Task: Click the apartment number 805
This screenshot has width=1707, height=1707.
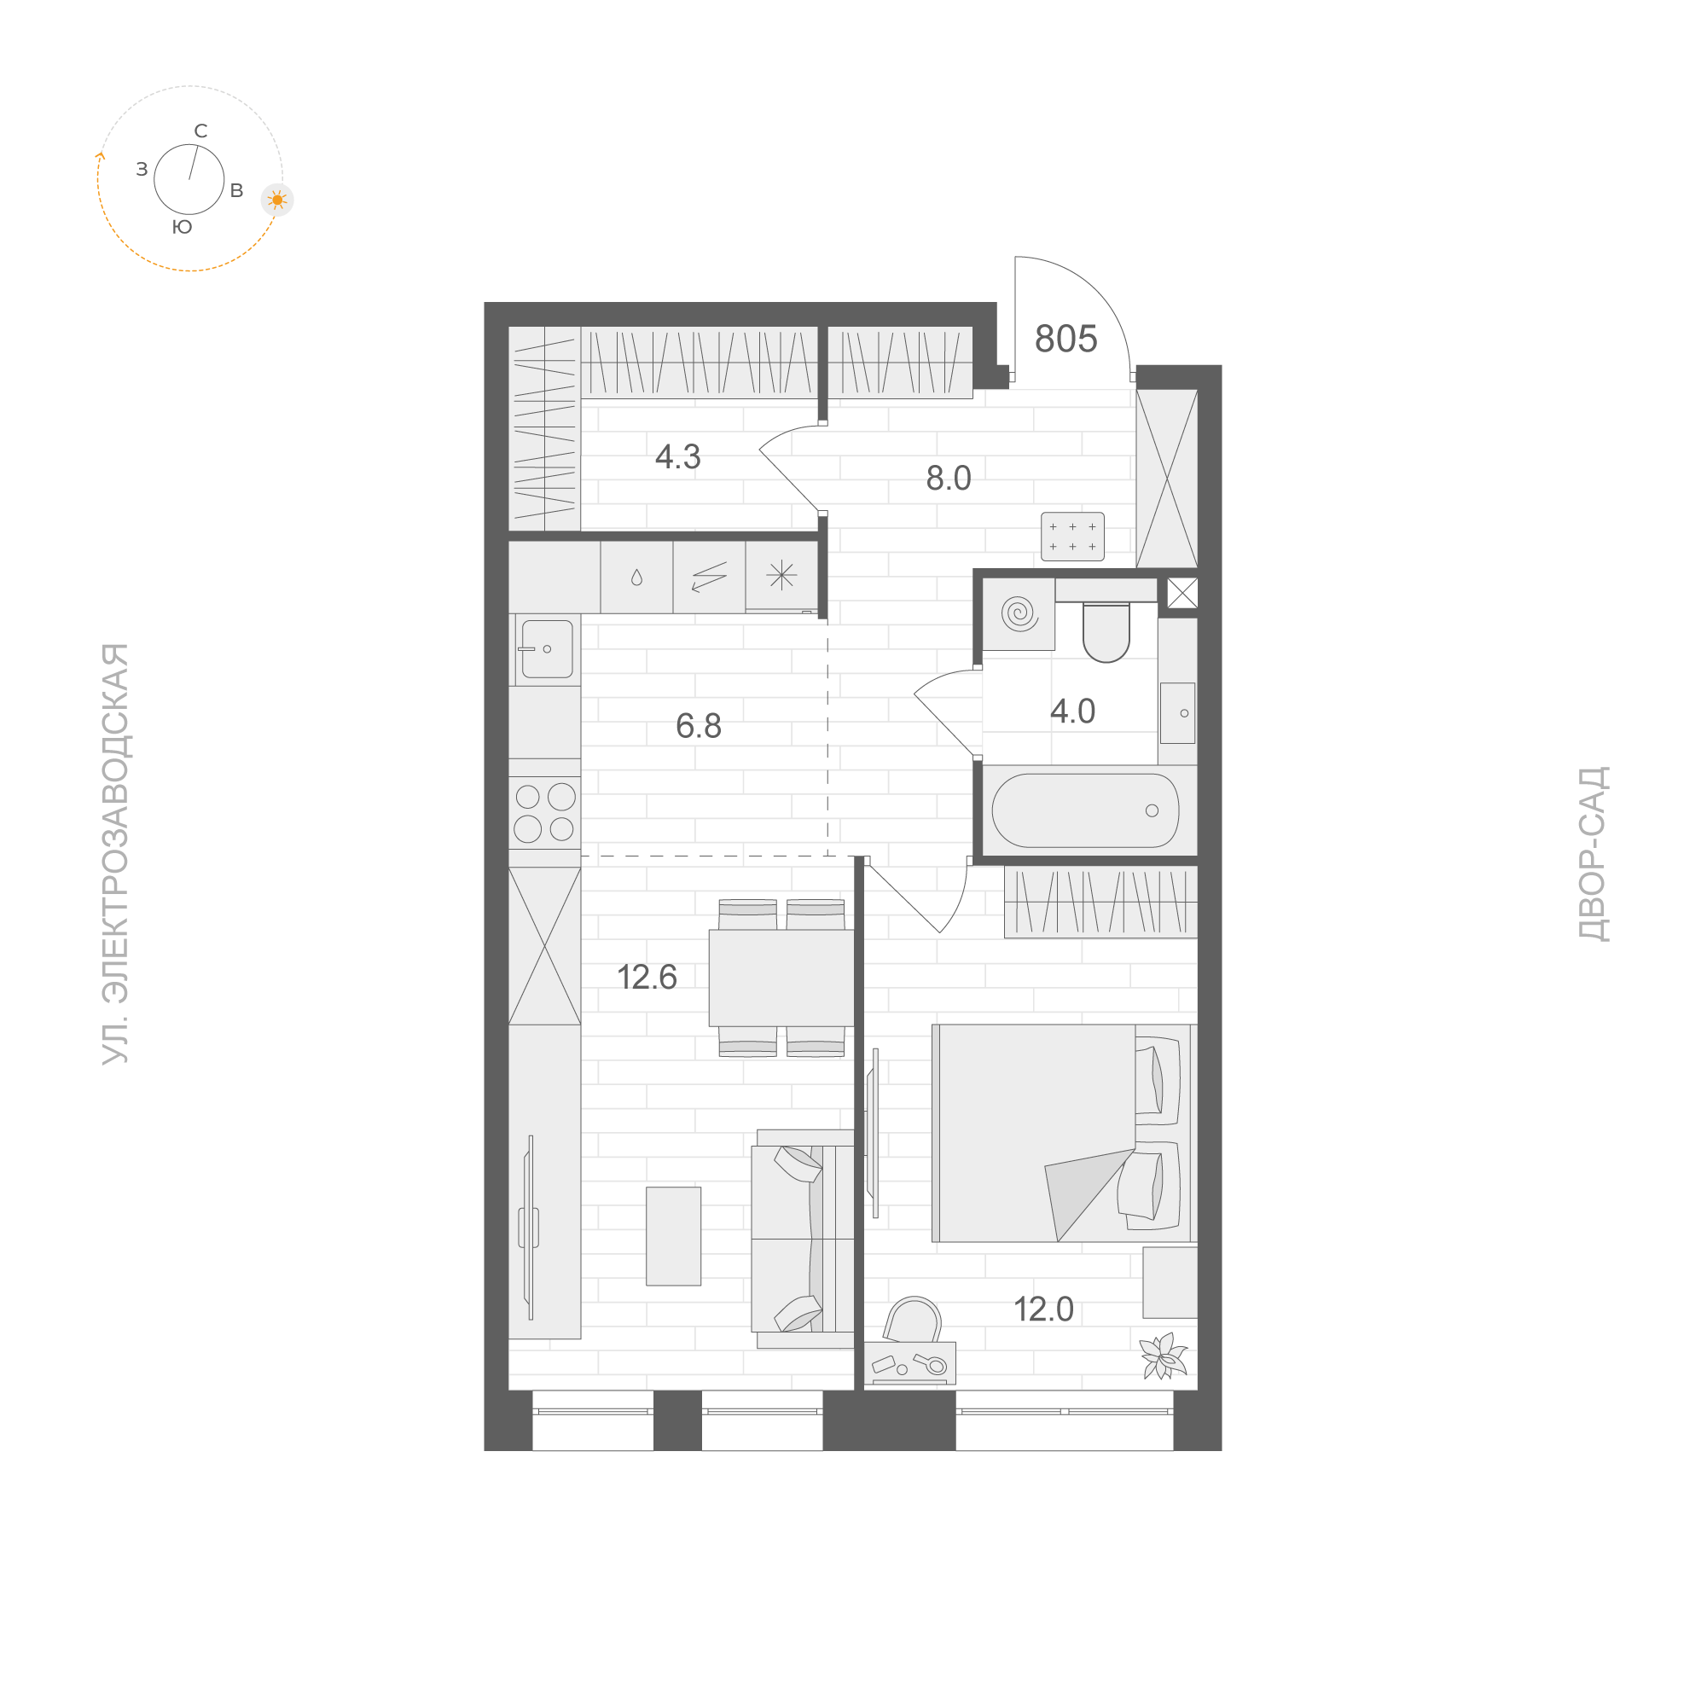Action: [1065, 340]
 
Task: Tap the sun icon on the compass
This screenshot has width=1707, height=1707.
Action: [277, 200]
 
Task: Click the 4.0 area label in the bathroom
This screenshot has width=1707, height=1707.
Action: [1072, 711]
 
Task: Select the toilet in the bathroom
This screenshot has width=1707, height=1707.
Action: [1106, 631]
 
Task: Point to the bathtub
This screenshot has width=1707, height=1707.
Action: [1085, 810]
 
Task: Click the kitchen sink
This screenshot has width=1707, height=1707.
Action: [546, 649]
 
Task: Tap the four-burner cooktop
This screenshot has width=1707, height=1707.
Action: [544, 813]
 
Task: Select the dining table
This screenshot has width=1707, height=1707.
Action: [781, 978]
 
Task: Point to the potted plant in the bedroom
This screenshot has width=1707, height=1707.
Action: [1162, 1355]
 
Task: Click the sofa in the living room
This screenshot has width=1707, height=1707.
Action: [802, 1238]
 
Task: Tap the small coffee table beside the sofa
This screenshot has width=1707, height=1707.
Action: [673, 1235]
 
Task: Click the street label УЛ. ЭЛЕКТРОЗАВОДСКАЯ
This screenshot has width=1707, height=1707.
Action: [116, 853]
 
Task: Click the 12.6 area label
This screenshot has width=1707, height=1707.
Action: [647, 978]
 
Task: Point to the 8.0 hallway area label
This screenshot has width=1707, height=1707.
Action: [948, 478]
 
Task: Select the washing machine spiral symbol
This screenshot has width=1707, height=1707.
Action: [1019, 613]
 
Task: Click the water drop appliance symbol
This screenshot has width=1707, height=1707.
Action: [636, 578]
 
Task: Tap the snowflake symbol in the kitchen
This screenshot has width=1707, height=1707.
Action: [781, 576]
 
